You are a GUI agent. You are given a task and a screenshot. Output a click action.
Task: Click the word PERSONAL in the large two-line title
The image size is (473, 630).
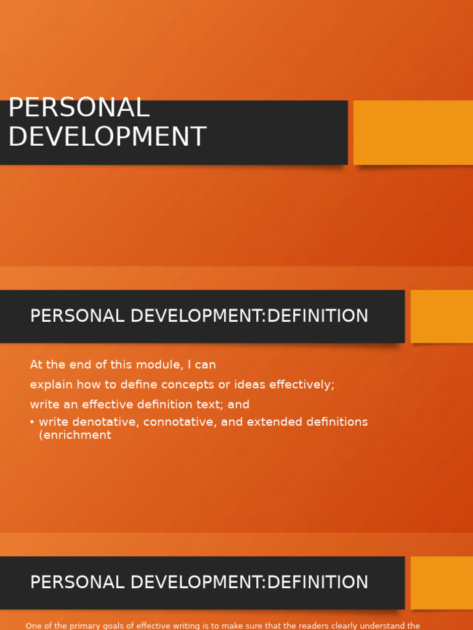(79, 108)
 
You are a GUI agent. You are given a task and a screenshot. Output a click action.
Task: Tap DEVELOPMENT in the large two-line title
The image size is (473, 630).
(107, 137)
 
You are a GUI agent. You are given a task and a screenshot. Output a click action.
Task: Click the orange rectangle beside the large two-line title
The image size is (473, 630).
(413, 132)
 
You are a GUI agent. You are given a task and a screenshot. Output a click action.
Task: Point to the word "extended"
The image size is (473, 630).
(277, 422)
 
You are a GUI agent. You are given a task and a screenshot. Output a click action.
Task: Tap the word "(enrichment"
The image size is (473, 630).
(75, 435)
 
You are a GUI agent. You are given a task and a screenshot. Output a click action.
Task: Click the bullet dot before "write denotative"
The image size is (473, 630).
(32, 422)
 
